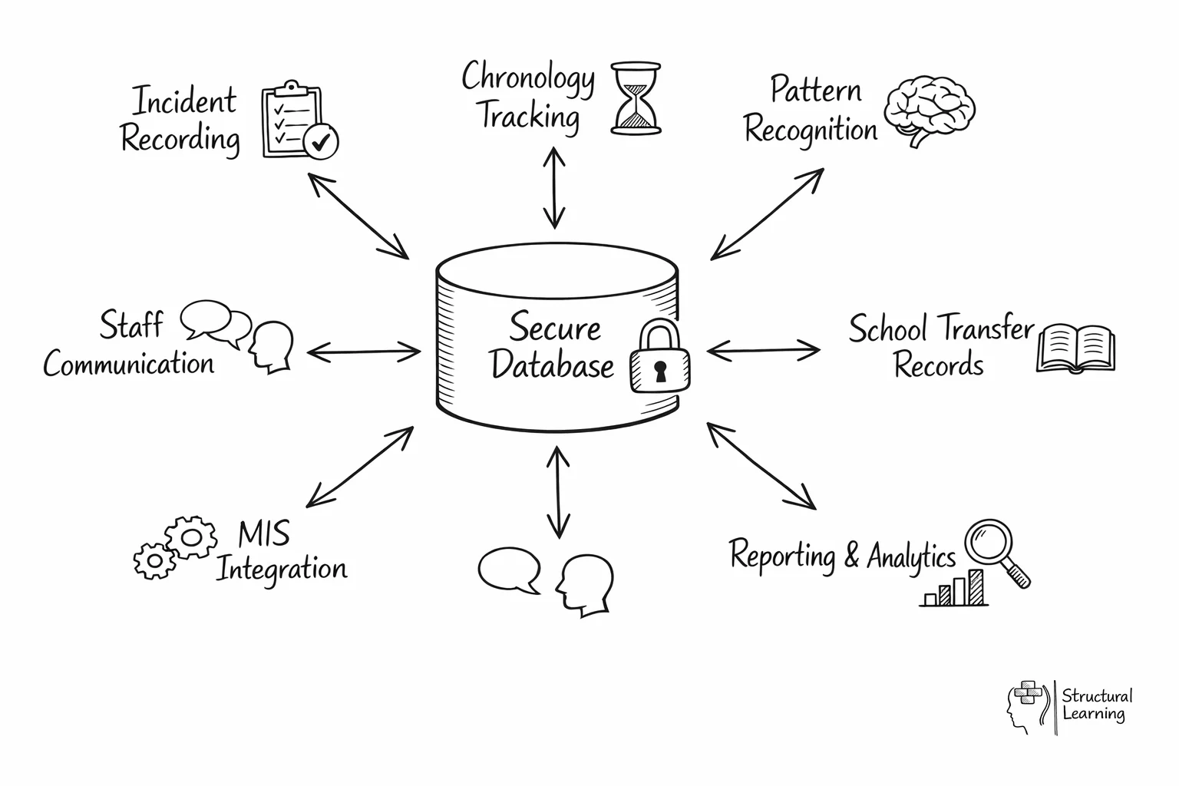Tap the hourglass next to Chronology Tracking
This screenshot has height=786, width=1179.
(636, 99)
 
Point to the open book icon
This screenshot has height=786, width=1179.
(1075, 348)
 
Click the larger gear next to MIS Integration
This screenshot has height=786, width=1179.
(191, 536)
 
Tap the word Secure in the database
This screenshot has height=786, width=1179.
(555, 328)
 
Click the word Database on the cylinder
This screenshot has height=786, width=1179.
(552, 365)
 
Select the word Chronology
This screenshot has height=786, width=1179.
(528, 78)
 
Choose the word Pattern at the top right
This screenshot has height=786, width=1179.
(815, 90)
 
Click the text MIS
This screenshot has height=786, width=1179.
(263, 533)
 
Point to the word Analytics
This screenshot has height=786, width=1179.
(911, 556)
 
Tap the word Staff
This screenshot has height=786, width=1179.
(131, 325)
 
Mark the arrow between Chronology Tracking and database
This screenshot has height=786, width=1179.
(554, 189)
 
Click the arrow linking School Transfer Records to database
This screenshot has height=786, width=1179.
(763, 351)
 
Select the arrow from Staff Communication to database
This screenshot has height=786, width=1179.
(364, 352)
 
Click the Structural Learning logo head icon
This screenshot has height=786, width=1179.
(1025, 707)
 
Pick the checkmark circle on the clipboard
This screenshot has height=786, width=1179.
(320, 141)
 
